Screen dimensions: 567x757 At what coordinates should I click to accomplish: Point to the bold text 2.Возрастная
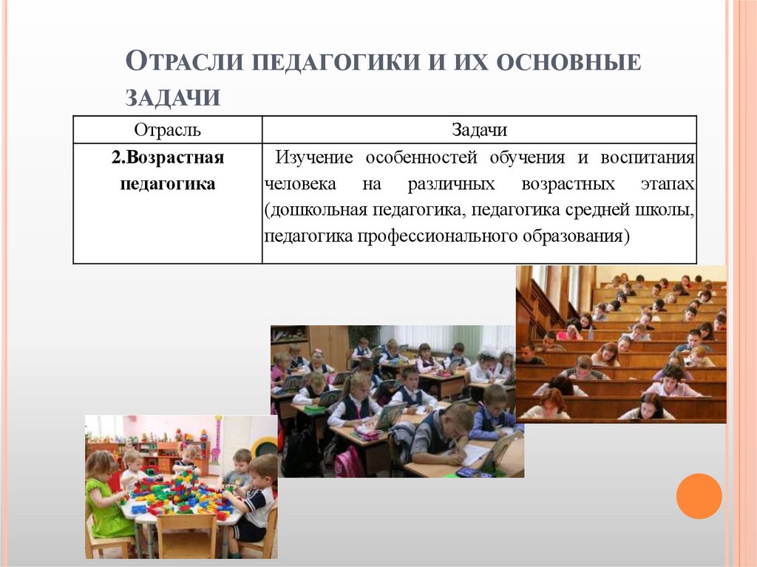click(168, 157)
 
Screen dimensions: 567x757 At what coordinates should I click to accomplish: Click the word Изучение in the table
click(309, 158)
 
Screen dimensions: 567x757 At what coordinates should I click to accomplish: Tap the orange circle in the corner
click(699, 496)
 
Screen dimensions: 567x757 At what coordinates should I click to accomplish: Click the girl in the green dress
click(103, 499)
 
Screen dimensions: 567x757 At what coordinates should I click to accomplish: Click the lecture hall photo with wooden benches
click(621, 344)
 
